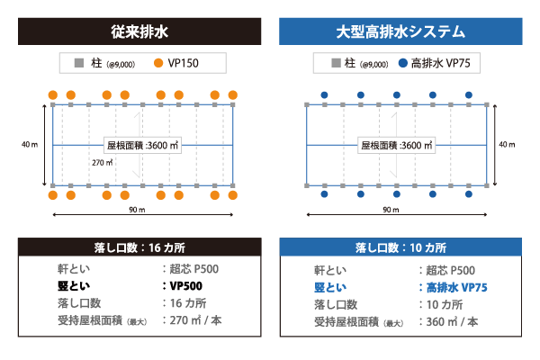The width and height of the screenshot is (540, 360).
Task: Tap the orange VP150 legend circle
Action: click(158, 64)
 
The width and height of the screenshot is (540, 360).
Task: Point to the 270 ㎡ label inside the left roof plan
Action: click(102, 162)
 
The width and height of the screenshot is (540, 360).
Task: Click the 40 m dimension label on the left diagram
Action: click(31, 144)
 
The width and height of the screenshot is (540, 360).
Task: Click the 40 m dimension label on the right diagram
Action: click(507, 144)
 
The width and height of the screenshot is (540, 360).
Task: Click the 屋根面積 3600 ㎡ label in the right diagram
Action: click(397, 144)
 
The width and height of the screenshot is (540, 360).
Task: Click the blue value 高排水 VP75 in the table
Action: click(454, 286)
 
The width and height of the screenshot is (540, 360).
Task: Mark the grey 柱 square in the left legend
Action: click(80, 64)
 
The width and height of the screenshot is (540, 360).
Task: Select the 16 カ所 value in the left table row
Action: click(190, 303)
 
